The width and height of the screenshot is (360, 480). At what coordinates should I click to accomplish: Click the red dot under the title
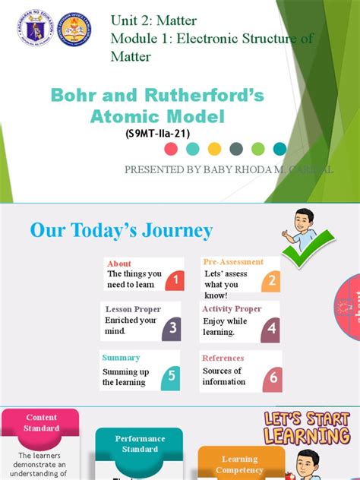[171, 149]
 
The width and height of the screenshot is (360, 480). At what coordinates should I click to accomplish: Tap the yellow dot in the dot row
[214, 149]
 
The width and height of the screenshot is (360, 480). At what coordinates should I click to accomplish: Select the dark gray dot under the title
[236, 149]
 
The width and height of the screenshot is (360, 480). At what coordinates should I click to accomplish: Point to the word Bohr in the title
[75, 96]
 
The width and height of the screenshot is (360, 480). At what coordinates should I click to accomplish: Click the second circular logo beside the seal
[74, 30]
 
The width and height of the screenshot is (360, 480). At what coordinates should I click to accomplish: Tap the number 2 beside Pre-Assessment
[271, 282]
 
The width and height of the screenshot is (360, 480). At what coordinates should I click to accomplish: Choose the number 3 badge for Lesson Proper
[172, 328]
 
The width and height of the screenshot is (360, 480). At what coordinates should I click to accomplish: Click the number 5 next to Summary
[172, 374]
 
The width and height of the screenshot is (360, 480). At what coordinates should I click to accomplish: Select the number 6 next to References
[273, 377]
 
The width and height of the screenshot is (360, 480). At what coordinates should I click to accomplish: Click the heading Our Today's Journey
[122, 230]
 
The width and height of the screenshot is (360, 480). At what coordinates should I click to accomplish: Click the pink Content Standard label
[42, 423]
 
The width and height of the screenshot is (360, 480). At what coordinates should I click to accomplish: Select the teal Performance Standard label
[140, 444]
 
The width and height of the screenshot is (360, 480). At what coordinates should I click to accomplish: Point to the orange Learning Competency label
[240, 464]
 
